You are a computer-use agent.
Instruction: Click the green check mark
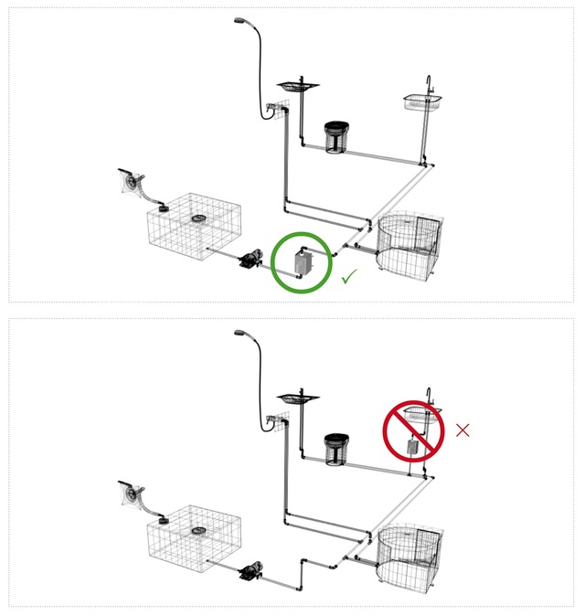point(347,277)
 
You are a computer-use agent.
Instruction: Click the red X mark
point(463,430)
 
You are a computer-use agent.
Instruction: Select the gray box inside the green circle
point(303,263)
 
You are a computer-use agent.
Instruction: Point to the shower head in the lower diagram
point(242,332)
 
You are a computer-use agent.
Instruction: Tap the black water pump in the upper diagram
point(247,262)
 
